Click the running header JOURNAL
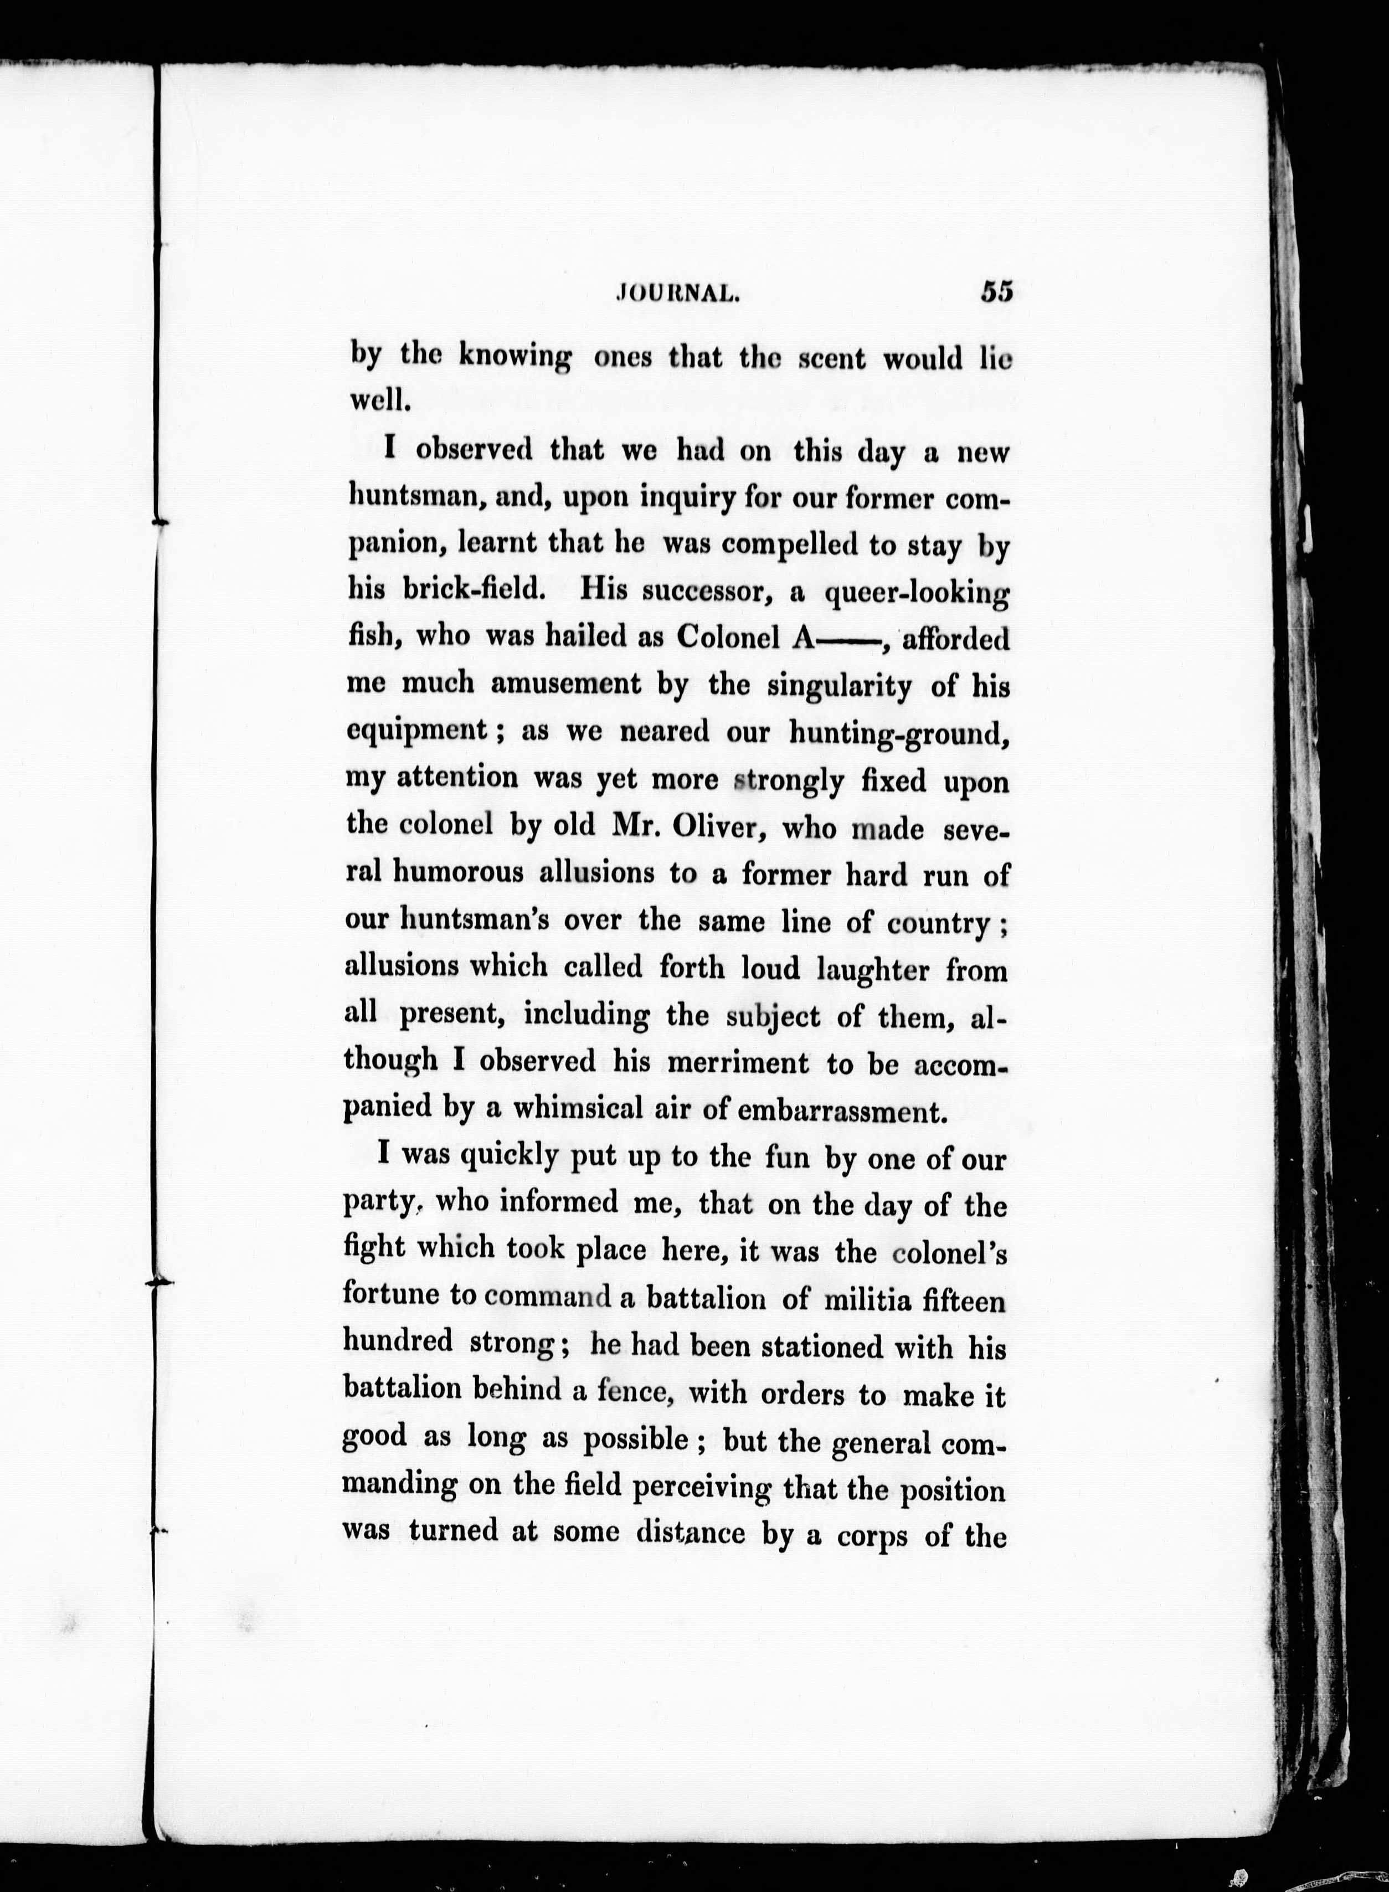coord(678,294)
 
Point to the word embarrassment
coord(841,1111)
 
